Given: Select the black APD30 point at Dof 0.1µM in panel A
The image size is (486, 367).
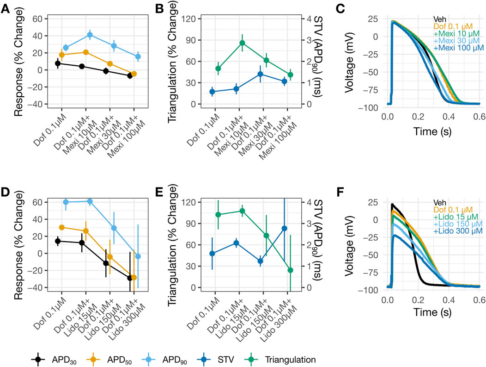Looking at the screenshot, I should pyautogui.click(x=58, y=63).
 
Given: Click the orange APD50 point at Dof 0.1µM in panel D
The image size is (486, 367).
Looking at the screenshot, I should pyautogui.click(x=61, y=227).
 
